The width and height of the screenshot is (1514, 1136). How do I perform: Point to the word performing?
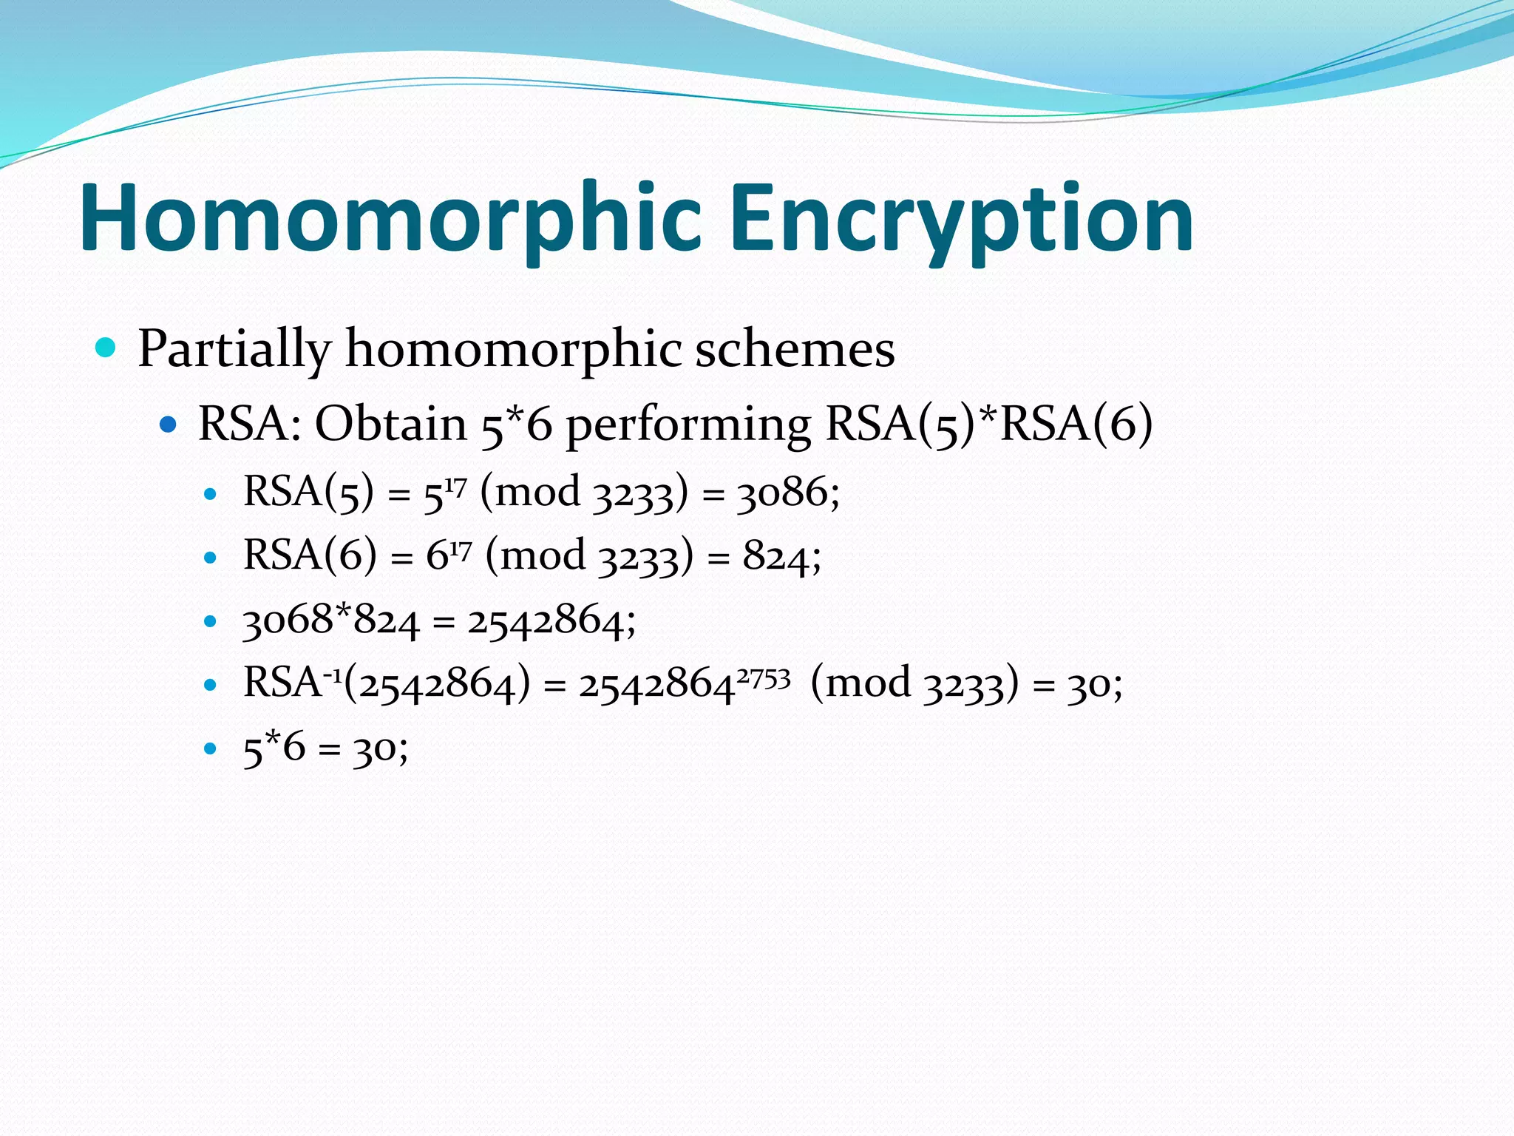click(x=688, y=426)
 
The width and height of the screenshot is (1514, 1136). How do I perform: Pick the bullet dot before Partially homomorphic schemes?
click(x=106, y=347)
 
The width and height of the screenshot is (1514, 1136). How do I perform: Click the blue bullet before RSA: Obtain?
click(x=169, y=425)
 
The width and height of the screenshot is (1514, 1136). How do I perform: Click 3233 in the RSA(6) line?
click(x=638, y=557)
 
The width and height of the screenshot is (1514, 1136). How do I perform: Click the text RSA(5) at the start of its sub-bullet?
click(x=308, y=492)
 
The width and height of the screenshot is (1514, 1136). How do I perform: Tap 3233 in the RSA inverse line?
click(x=965, y=684)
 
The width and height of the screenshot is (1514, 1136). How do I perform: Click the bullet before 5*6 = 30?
click(x=211, y=748)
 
